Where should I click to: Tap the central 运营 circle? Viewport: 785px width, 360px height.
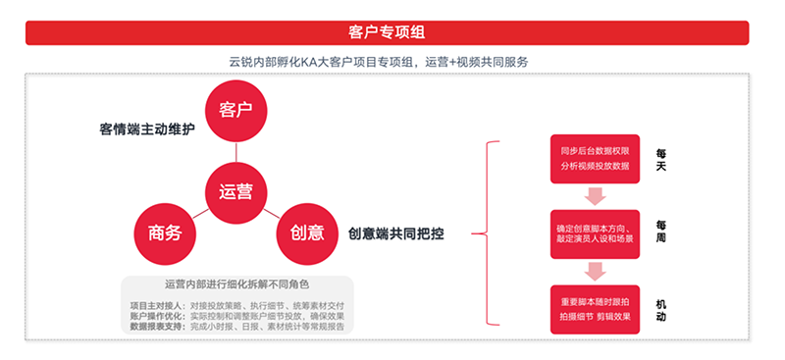click(x=235, y=190)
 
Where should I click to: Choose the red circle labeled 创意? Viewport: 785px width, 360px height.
click(x=307, y=232)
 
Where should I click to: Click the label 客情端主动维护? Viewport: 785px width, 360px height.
click(x=147, y=129)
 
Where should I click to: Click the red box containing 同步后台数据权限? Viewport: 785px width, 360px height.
click(x=595, y=160)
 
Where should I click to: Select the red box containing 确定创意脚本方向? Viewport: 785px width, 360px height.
click(x=595, y=232)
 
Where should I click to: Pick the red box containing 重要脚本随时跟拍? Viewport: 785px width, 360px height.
click(x=595, y=309)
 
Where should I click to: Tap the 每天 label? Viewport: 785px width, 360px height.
click(x=661, y=160)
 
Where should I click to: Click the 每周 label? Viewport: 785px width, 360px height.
click(x=661, y=231)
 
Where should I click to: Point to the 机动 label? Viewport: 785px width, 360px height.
click(x=661, y=309)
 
